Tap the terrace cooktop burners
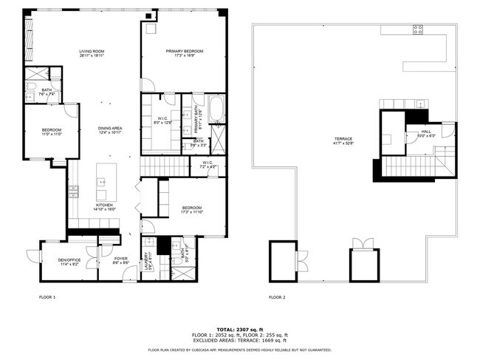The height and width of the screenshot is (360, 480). click(417, 30)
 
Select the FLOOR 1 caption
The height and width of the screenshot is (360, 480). click(47, 297)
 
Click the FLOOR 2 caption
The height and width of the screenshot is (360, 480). click(277, 297)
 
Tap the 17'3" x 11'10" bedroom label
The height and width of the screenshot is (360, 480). click(191, 210)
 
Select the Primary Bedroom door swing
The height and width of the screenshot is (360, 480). click(148, 84)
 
